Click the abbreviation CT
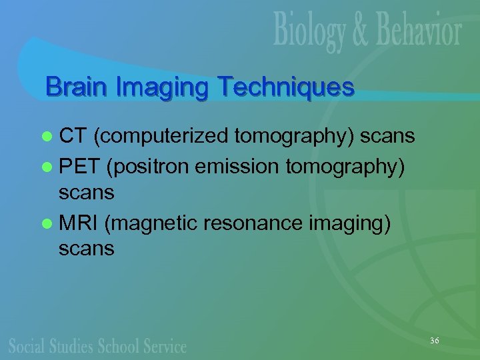(73, 137)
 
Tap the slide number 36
(434, 341)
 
